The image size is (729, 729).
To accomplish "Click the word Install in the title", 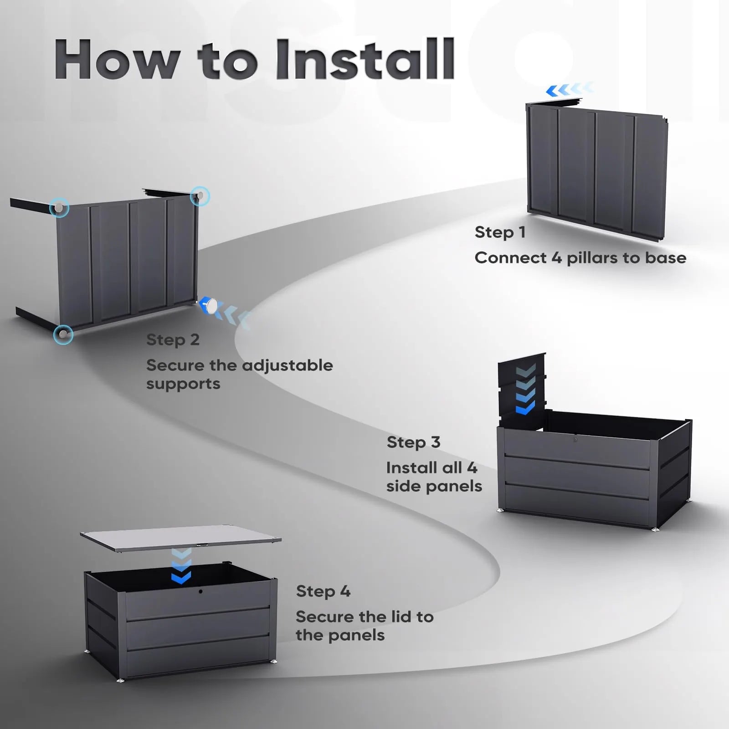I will (364, 59).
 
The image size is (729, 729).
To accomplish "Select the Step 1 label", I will (500, 232).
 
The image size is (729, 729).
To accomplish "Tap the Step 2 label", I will (173, 340).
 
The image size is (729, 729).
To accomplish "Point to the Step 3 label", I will (413, 442).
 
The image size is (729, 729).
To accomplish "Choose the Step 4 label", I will (323, 591).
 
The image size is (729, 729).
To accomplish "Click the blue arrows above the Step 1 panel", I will (570, 90).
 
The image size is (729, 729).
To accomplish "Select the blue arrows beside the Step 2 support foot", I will (235, 315).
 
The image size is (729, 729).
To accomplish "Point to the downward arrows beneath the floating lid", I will (181, 567).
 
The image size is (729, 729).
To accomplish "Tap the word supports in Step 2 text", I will (183, 384).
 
